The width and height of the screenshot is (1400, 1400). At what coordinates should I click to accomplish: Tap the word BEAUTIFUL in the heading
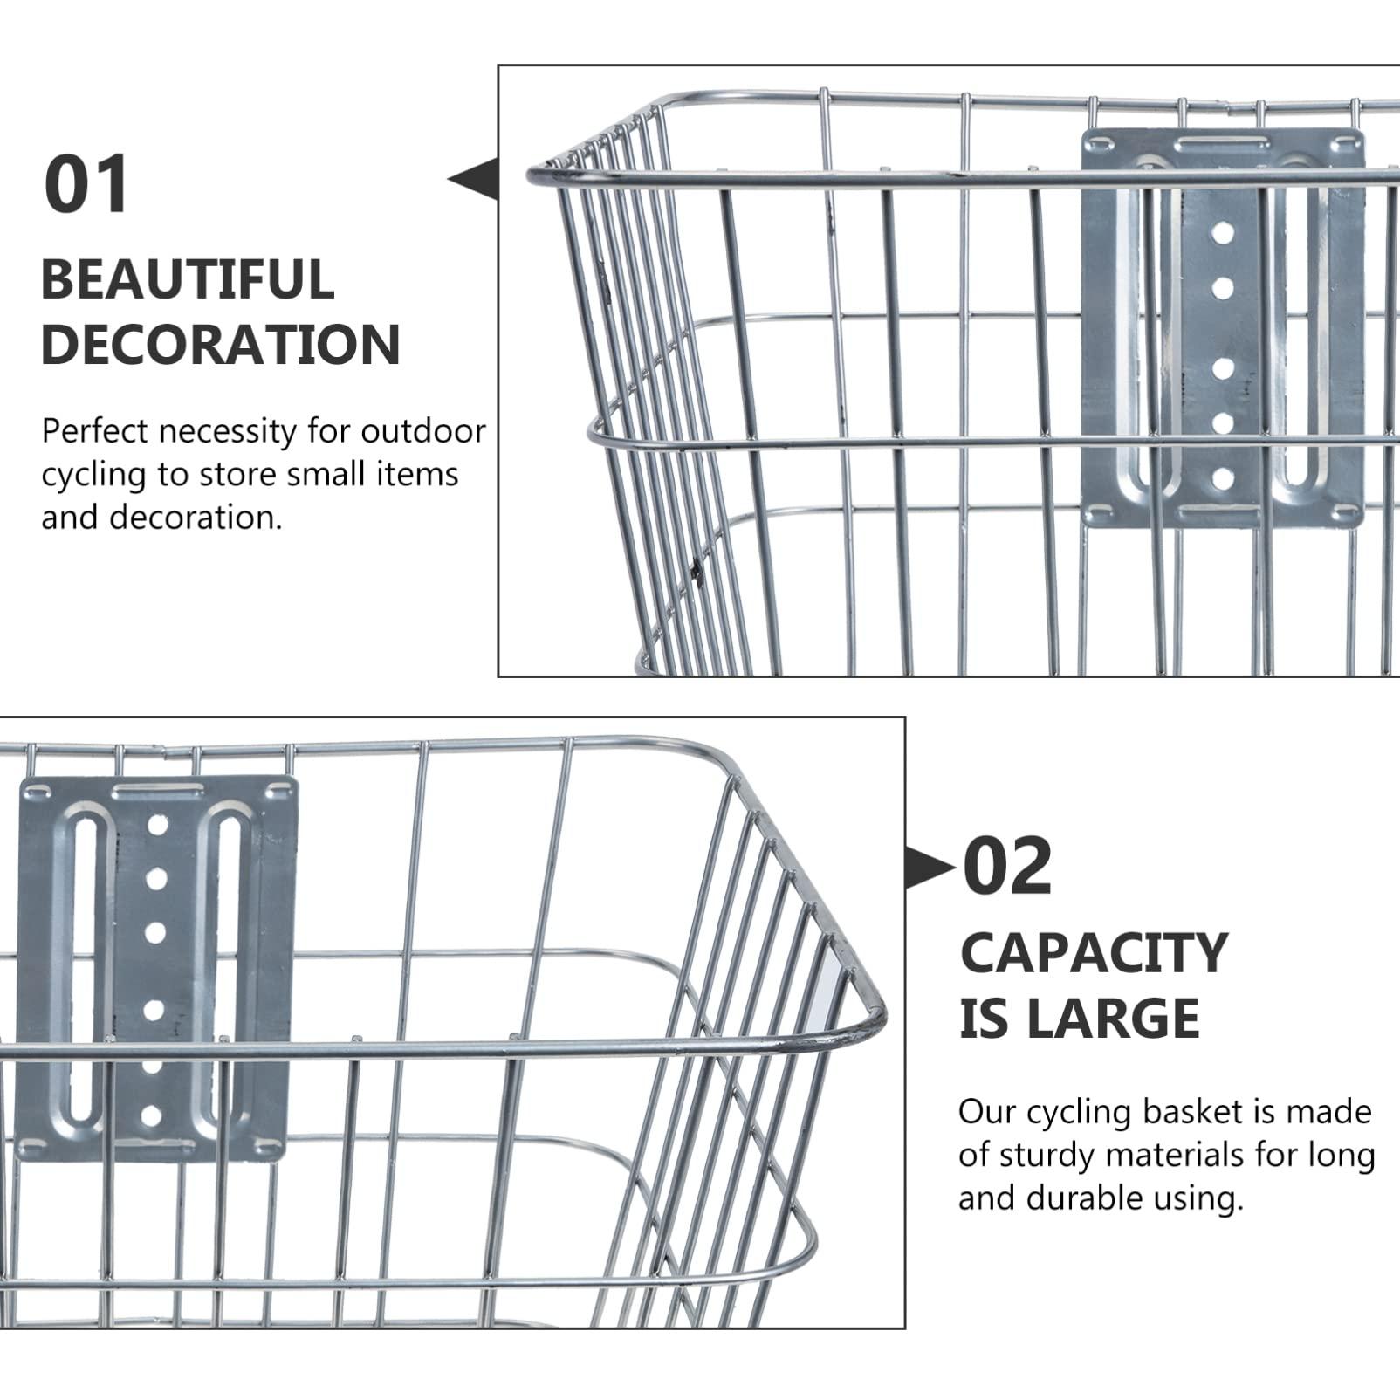(188, 279)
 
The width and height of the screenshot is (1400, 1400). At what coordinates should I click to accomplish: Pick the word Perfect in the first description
(95, 431)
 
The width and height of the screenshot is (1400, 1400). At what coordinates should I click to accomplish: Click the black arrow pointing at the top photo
(473, 179)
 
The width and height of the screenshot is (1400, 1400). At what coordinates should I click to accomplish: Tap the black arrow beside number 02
(929, 868)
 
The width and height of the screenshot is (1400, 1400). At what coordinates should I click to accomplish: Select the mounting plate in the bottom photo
(157, 969)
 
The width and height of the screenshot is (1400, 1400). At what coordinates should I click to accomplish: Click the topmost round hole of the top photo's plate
(1223, 233)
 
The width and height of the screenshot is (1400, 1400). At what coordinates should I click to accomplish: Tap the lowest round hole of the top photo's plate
(1223, 478)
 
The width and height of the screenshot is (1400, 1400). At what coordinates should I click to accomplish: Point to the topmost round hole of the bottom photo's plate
(157, 824)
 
